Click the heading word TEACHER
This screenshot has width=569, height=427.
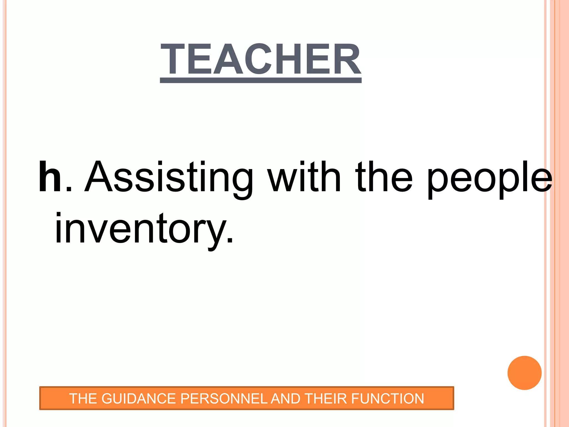click(x=261, y=59)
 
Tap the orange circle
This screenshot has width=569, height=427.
click(x=524, y=373)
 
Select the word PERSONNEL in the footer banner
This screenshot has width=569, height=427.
click(x=224, y=398)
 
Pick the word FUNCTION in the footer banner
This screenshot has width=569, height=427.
click(x=388, y=398)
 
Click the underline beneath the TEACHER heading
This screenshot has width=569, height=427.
click(x=261, y=80)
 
